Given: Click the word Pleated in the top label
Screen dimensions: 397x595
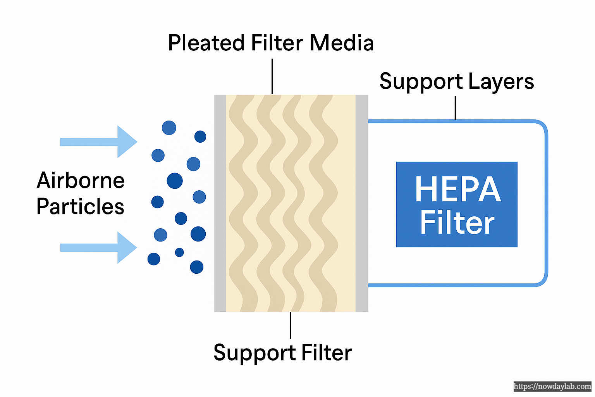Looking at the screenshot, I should click(x=206, y=43).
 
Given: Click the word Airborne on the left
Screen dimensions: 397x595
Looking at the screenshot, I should click(x=81, y=181).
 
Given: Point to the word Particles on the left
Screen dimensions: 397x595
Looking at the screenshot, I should click(x=80, y=207).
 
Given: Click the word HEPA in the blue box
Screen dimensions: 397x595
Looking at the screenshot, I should click(x=457, y=190).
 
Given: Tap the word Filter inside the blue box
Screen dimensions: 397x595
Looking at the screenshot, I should click(x=457, y=223).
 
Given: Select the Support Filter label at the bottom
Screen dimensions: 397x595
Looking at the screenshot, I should click(x=282, y=353).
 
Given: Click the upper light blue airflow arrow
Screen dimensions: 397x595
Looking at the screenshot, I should click(x=99, y=142).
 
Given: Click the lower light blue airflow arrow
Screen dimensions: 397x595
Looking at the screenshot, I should click(x=99, y=247).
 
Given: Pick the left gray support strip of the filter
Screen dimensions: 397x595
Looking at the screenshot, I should click(x=220, y=203).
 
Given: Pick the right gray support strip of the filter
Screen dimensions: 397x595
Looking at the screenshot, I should click(x=362, y=203).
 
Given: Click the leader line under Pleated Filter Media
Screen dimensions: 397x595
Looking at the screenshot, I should click(x=272, y=76).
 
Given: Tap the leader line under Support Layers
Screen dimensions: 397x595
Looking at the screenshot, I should click(x=455, y=108).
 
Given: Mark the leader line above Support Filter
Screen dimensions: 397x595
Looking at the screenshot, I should click(x=291, y=325).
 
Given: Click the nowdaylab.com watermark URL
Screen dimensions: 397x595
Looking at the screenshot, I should click(x=552, y=387).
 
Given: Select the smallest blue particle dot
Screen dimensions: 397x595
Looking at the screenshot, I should click(x=179, y=252).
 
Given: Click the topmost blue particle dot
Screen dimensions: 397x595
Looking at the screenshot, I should click(x=169, y=128).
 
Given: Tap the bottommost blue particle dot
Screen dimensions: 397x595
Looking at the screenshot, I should click(x=197, y=267).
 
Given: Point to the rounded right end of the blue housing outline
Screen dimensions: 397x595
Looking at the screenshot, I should click(x=546, y=203).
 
